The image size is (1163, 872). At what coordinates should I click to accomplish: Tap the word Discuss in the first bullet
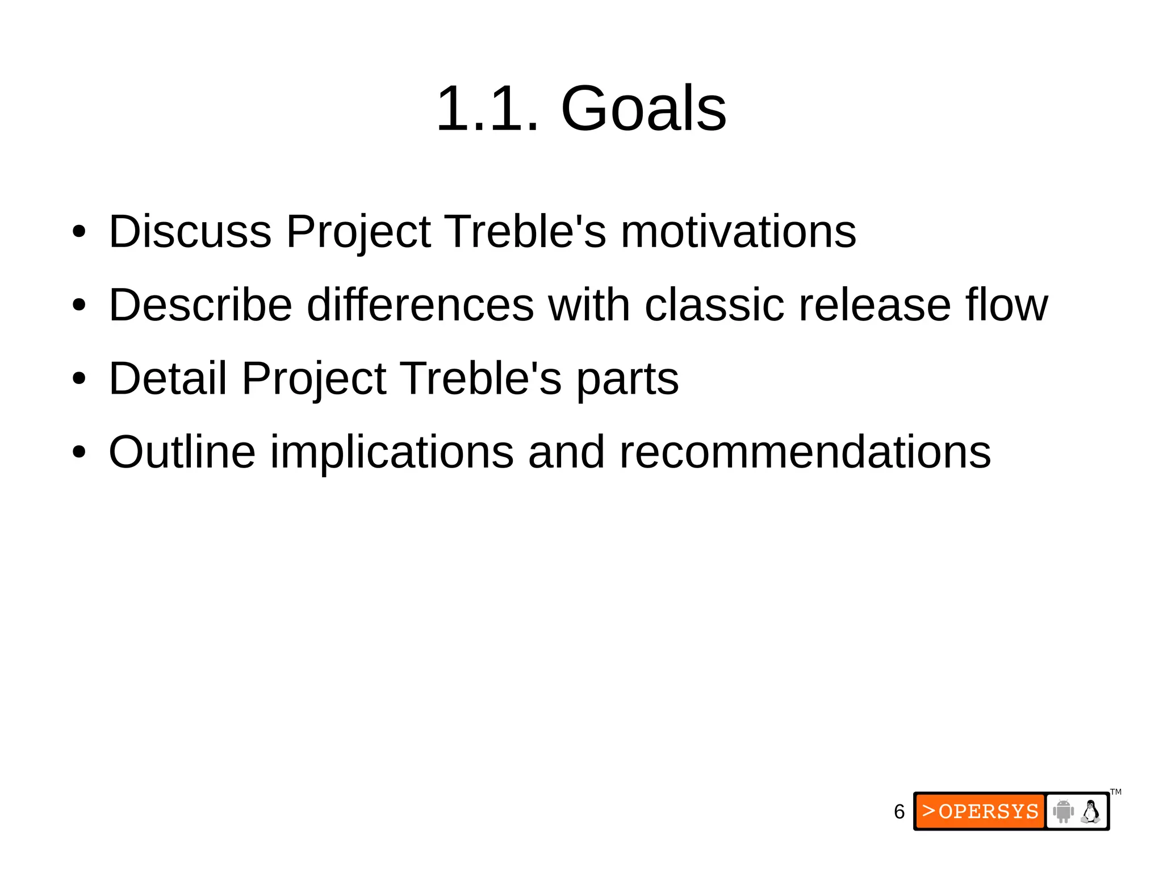click(190, 231)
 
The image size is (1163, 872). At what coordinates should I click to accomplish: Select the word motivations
click(738, 231)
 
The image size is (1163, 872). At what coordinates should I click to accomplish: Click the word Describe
click(200, 305)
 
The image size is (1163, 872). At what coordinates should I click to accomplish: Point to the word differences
click(420, 305)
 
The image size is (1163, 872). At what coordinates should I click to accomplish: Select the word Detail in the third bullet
click(168, 378)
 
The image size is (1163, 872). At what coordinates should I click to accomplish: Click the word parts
click(627, 379)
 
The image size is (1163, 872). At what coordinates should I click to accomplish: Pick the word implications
click(392, 453)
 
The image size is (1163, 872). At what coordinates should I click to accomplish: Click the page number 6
click(899, 812)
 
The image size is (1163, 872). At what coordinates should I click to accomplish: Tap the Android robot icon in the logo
click(1062, 811)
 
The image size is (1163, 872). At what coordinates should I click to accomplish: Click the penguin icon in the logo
click(1090, 811)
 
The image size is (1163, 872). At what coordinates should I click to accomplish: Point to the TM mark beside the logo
click(1116, 792)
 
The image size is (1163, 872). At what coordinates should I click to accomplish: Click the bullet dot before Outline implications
click(80, 453)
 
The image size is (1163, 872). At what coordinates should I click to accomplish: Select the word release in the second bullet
click(875, 305)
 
